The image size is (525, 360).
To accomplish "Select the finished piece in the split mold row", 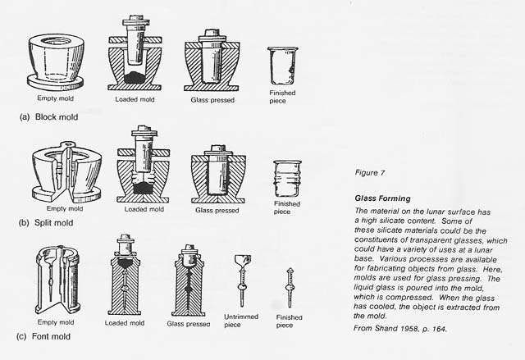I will [283, 179].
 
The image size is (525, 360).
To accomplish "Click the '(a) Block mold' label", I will [48, 117].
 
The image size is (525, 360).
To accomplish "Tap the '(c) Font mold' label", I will [47, 336].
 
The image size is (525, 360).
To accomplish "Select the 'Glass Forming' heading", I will [382, 198].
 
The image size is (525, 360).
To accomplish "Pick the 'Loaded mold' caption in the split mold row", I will [141, 209].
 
